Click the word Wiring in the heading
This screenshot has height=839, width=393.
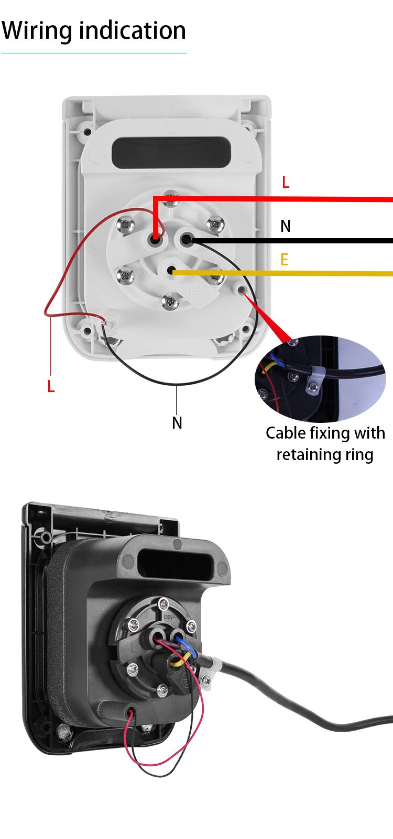[37, 31]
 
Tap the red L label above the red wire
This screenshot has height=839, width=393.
[286, 182]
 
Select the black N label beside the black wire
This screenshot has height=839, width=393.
[286, 226]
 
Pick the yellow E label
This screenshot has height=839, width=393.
[285, 260]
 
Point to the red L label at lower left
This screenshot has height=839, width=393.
[51, 387]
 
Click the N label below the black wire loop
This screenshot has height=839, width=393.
[177, 422]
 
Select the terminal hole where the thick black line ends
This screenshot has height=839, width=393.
[186, 240]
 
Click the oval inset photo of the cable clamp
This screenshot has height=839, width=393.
[320, 378]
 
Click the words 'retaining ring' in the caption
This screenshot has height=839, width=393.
[325, 454]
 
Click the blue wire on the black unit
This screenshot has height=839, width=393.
[187, 646]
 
